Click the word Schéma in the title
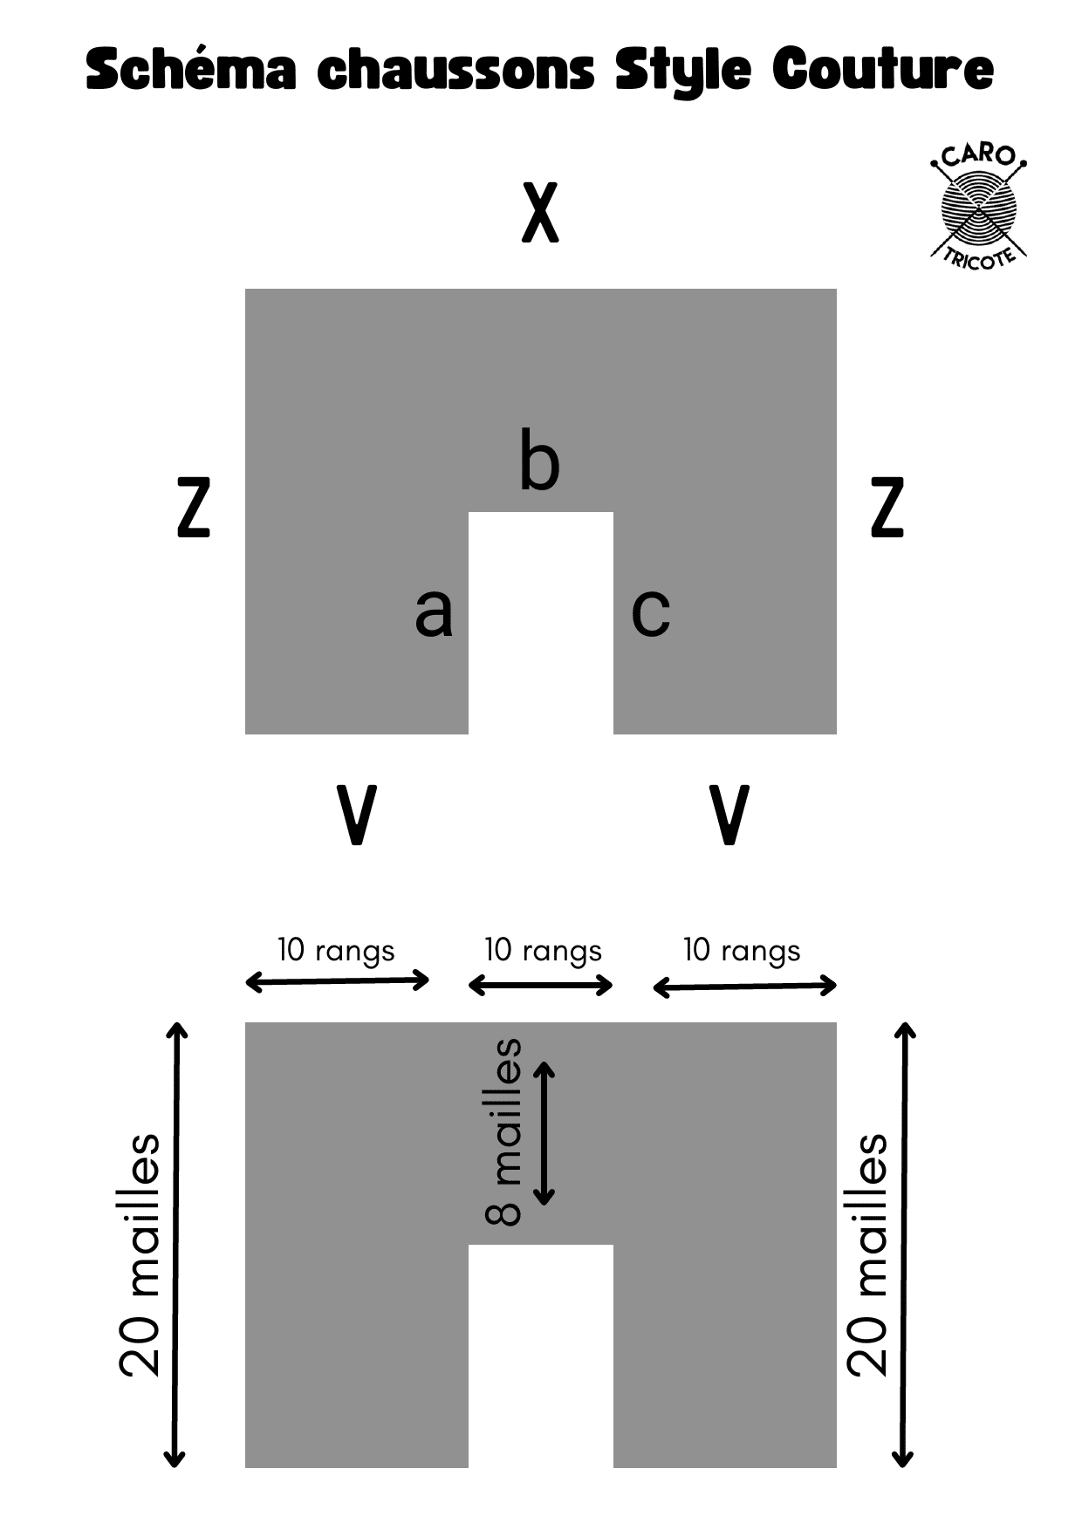(x=191, y=70)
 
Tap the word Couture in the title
(x=883, y=70)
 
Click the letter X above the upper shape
(x=540, y=213)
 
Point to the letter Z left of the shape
(x=194, y=507)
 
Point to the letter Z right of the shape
(x=887, y=507)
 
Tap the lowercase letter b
(x=539, y=460)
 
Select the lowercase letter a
(x=434, y=611)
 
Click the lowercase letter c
(x=650, y=611)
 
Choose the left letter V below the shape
(x=356, y=815)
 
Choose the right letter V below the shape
(x=729, y=815)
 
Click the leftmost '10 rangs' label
(x=336, y=950)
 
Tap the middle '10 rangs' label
(x=543, y=950)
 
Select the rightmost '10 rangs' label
(x=742, y=950)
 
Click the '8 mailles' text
(x=503, y=1132)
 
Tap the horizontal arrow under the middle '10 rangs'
(x=541, y=986)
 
